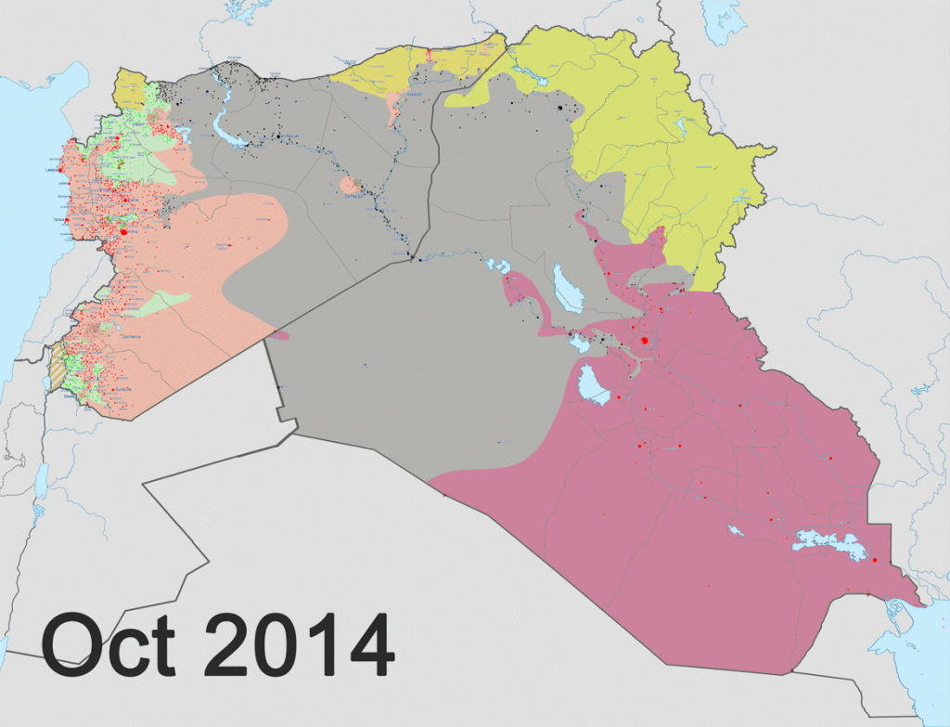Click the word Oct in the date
pyautogui.click(x=109, y=643)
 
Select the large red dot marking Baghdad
pyautogui.click(x=645, y=341)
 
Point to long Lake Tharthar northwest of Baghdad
pyautogui.click(x=566, y=289)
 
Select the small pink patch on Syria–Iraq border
pyautogui.click(x=280, y=335)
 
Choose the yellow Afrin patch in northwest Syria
pyautogui.click(x=128, y=91)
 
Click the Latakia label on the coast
pyautogui.click(x=52, y=170)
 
